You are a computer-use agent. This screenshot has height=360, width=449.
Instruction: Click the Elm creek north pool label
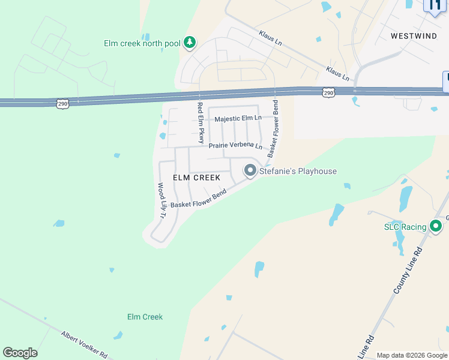[x=142, y=43]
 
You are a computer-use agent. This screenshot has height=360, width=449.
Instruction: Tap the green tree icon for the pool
[x=190, y=42]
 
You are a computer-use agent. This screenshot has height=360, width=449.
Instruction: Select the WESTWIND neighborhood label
[x=414, y=36]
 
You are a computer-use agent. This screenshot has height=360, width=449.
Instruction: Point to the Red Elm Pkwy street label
[x=200, y=122]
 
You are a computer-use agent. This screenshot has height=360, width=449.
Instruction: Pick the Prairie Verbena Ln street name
[x=235, y=146]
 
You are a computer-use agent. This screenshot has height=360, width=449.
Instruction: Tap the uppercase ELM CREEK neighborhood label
[x=196, y=178]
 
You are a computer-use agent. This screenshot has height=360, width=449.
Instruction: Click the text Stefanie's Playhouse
[x=298, y=172]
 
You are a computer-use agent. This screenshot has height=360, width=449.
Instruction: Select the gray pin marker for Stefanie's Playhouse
[x=250, y=170]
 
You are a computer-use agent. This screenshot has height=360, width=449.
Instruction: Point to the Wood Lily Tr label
[x=161, y=200]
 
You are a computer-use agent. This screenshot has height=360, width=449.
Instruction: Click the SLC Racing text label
[x=405, y=227]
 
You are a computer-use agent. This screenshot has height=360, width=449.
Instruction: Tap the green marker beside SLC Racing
[x=436, y=226]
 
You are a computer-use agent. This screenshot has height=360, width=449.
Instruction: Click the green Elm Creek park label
[x=145, y=317]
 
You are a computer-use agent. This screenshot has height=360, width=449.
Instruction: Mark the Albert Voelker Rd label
[x=83, y=344]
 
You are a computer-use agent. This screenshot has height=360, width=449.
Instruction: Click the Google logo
[x=20, y=353]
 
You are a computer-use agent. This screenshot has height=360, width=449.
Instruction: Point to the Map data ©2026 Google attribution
[x=411, y=356]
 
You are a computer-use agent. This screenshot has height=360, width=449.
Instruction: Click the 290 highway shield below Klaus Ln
[x=328, y=92]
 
